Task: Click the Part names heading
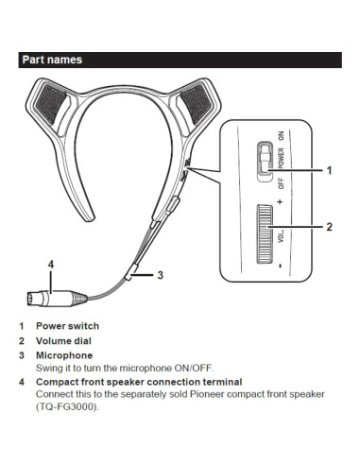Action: click(x=53, y=60)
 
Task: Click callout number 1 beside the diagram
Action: click(x=330, y=171)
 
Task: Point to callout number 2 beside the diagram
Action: click(x=330, y=227)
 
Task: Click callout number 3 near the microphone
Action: click(x=161, y=276)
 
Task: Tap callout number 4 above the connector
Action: click(x=51, y=264)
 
